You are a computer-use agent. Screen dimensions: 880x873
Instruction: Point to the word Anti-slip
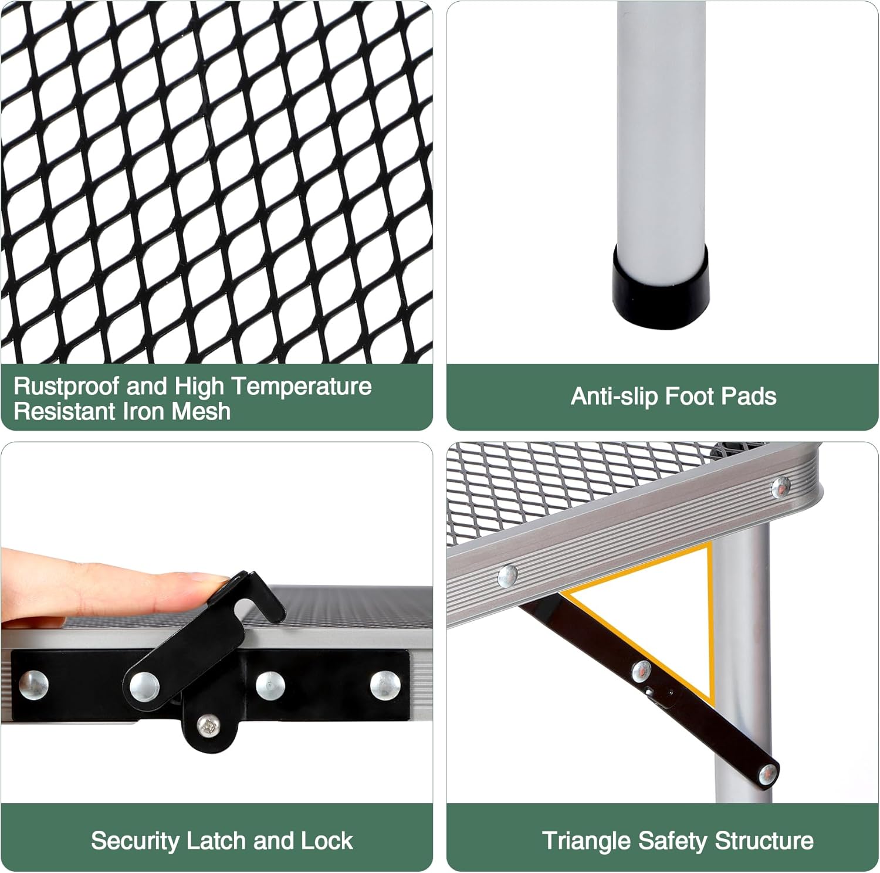coord(615,397)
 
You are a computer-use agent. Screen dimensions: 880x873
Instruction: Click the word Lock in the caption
coord(327,841)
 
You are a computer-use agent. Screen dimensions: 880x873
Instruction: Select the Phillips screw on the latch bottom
coord(208,727)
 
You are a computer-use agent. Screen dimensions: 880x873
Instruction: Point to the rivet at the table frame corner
coord(780,486)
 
